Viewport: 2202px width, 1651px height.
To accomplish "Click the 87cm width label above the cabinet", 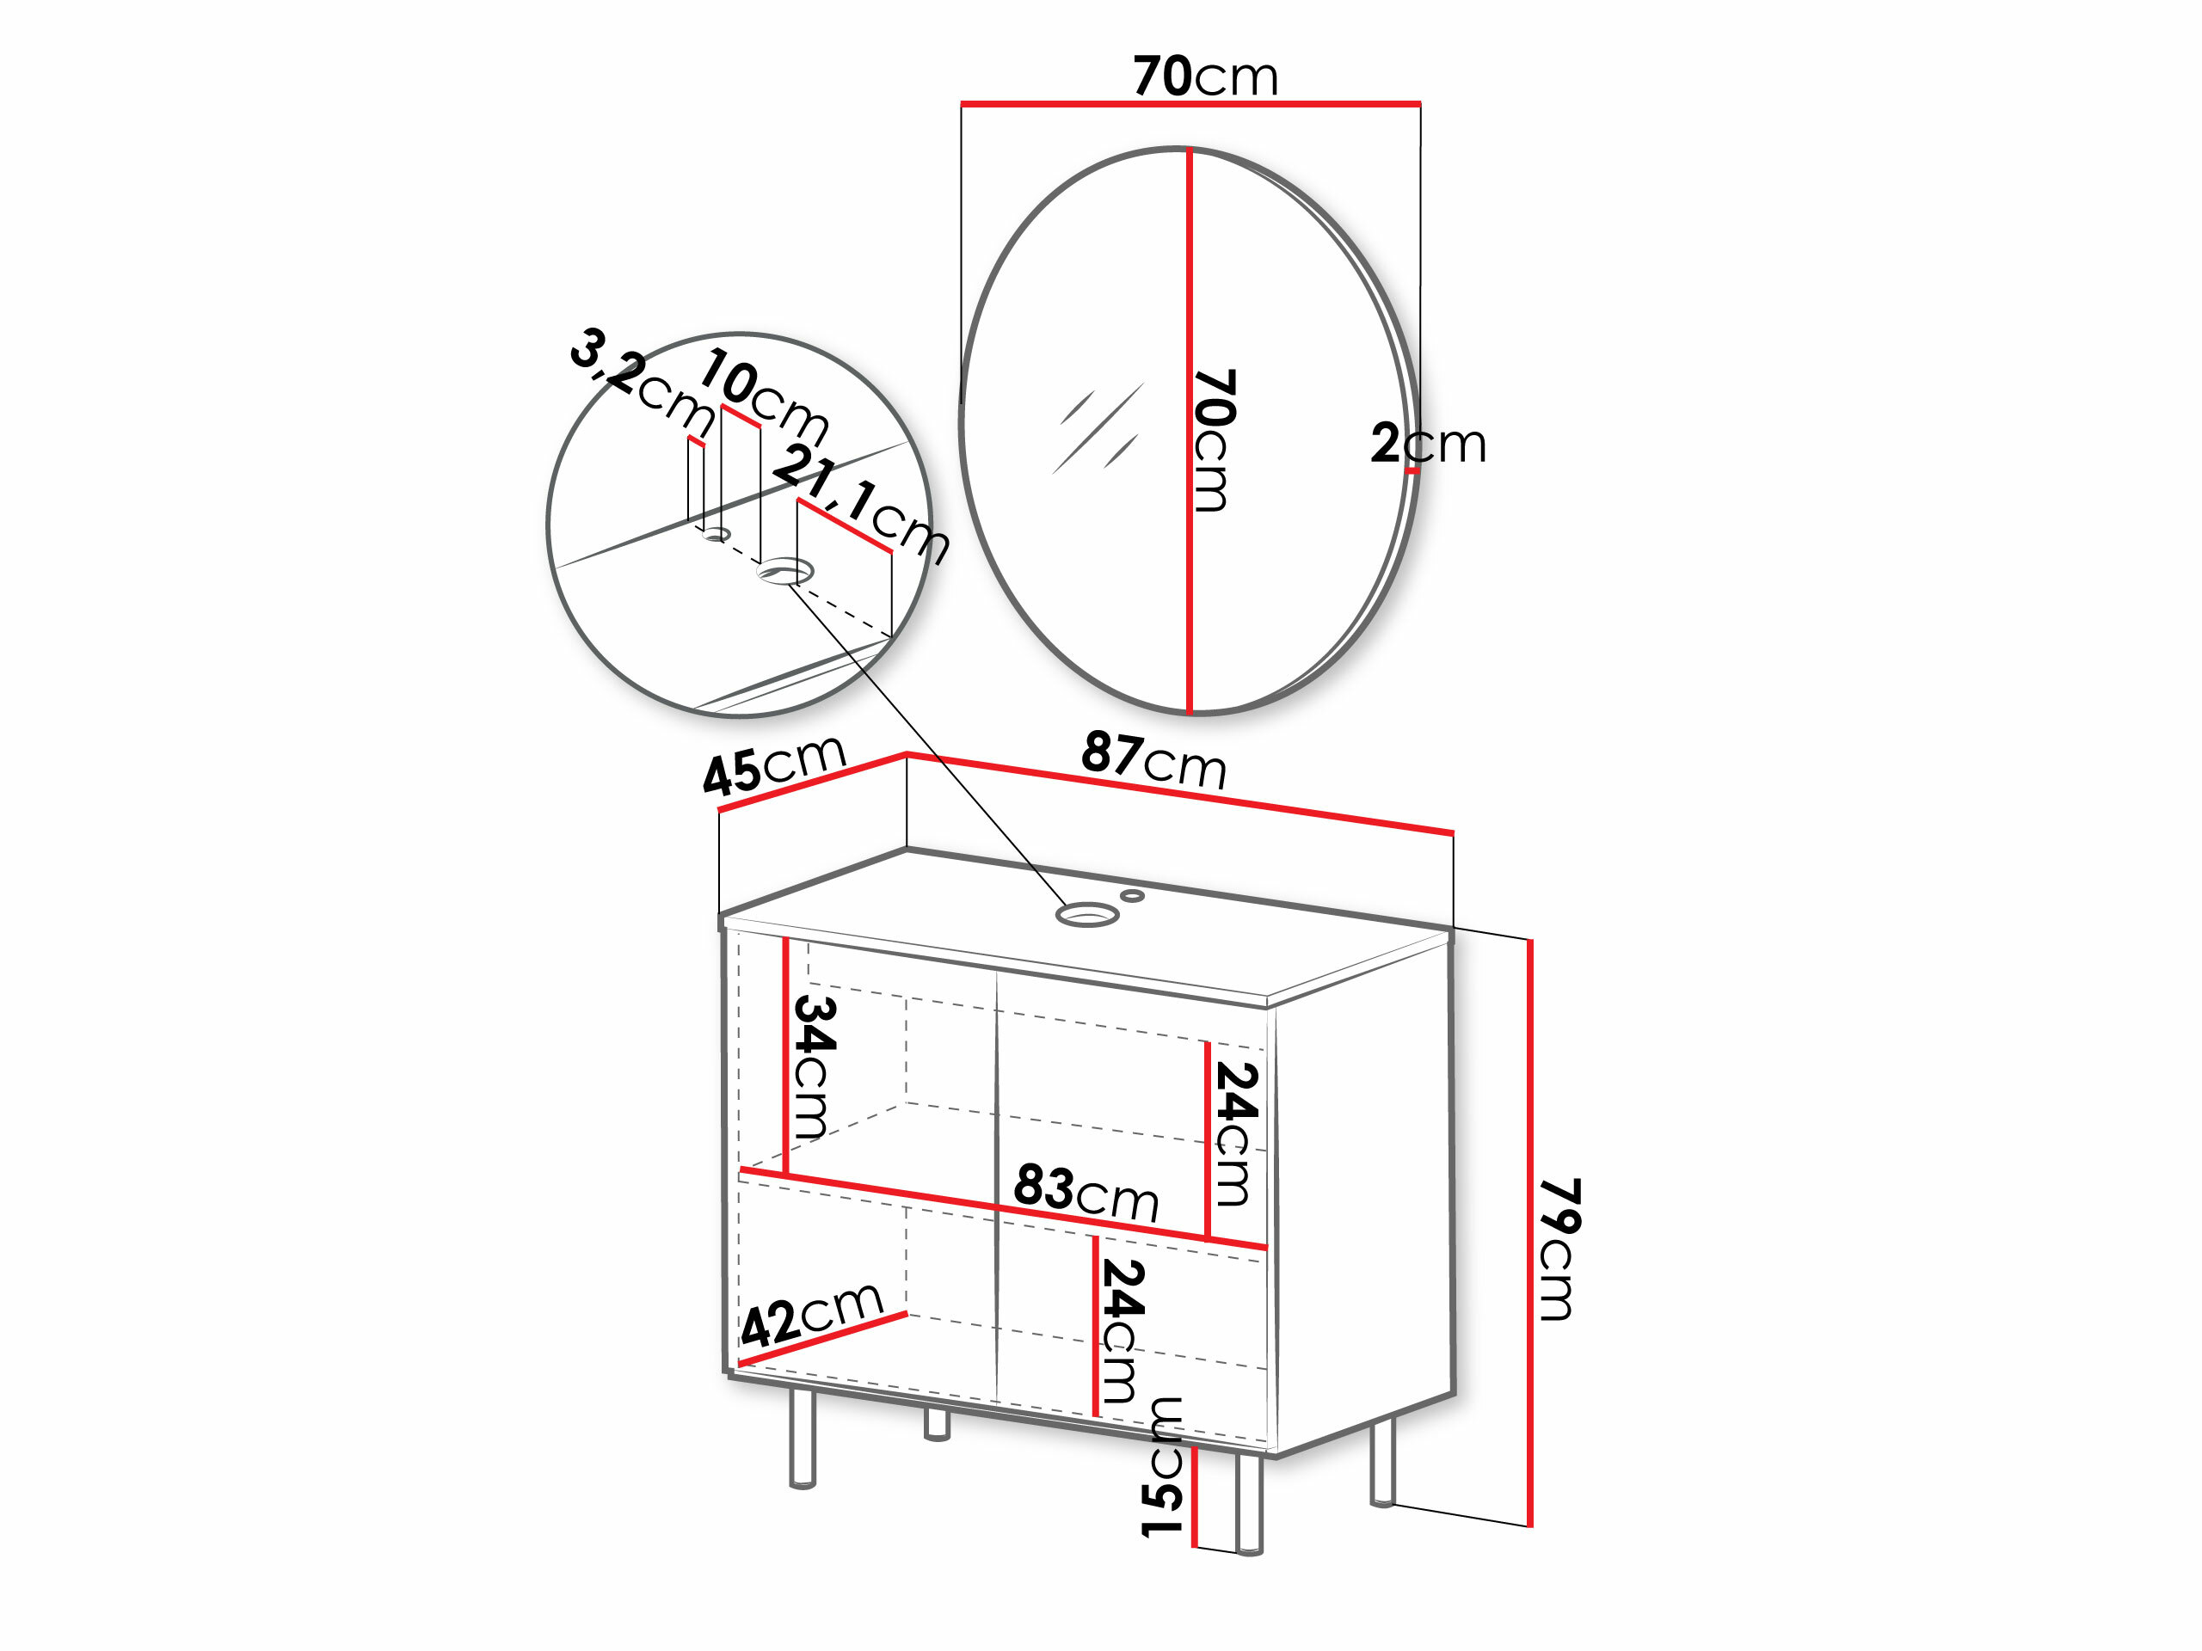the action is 1153,760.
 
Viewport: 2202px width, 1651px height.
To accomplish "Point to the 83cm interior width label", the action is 1086,1192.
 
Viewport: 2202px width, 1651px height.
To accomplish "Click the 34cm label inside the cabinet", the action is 815,1067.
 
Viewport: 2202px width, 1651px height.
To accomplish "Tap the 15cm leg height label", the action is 1162,1466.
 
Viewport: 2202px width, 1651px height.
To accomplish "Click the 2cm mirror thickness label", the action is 1429,443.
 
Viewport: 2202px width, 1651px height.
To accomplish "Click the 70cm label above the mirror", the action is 1206,76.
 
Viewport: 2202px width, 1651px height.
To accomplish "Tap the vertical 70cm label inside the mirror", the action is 1215,440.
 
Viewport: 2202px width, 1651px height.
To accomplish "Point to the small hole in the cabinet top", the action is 1132,896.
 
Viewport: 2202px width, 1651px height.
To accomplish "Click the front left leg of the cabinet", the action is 803,1437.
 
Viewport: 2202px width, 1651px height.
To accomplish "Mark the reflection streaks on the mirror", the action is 1098,428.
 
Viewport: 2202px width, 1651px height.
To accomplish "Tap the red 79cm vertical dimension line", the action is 1530,1232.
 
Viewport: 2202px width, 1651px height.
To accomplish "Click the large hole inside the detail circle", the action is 785,572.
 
